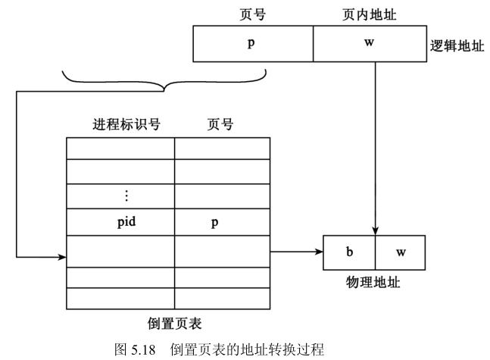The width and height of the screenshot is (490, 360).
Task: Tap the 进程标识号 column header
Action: click(x=126, y=124)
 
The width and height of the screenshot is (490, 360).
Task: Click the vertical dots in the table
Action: click(x=126, y=196)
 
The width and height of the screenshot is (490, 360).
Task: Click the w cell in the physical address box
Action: click(x=400, y=252)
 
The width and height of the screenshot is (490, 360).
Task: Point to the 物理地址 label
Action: click(x=373, y=283)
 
